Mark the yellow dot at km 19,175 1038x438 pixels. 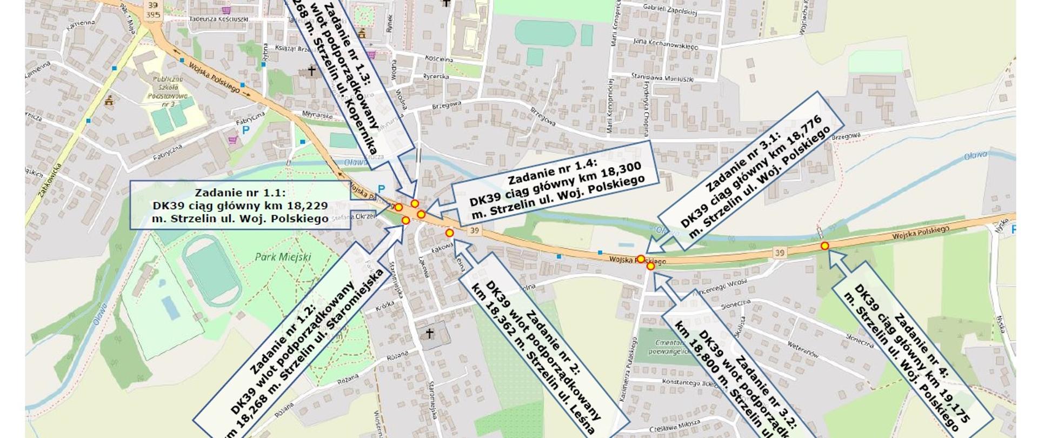point(824,246)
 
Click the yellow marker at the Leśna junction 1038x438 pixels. point(449,233)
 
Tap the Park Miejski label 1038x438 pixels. point(283,257)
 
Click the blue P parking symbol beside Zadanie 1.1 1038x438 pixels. point(382,189)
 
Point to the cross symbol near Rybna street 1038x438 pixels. point(311,71)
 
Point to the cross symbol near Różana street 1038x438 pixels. point(430,333)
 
